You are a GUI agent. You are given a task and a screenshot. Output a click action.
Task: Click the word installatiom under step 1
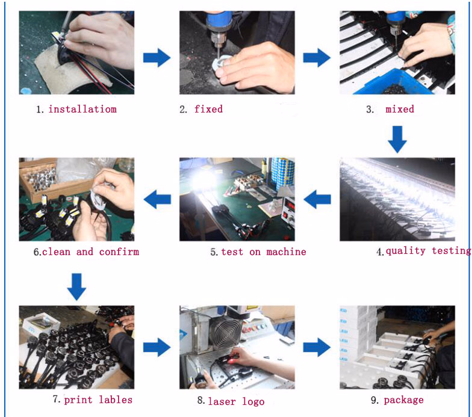point(82,109)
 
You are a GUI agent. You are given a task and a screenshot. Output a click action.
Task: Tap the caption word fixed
point(208,109)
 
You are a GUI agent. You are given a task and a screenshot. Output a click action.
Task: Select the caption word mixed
point(400,109)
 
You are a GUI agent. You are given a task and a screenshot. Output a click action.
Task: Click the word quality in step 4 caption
point(406,251)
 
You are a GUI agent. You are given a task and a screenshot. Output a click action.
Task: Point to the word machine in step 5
point(286,252)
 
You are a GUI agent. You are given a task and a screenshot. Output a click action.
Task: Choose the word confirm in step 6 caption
point(119,252)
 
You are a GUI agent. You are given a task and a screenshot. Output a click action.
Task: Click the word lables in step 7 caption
point(116,400)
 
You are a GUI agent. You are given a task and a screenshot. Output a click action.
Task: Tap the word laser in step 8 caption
point(222,401)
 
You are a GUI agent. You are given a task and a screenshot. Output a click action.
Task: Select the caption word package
point(403,400)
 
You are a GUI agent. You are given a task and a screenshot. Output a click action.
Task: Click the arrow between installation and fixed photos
point(157,58)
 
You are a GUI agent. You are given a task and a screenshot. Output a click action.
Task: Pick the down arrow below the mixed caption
point(397,140)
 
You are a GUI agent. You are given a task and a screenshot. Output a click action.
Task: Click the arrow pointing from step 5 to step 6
point(158,199)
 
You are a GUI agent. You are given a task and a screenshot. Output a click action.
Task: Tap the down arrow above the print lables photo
point(76,286)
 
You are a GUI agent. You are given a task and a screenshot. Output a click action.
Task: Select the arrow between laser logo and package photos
point(317,347)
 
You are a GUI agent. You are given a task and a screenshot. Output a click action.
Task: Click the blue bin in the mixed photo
point(391,82)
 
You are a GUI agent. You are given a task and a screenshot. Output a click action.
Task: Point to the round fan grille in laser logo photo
point(225,332)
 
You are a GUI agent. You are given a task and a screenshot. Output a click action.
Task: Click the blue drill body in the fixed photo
point(219,22)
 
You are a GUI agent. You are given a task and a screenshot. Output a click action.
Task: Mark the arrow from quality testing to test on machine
point(317,199)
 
